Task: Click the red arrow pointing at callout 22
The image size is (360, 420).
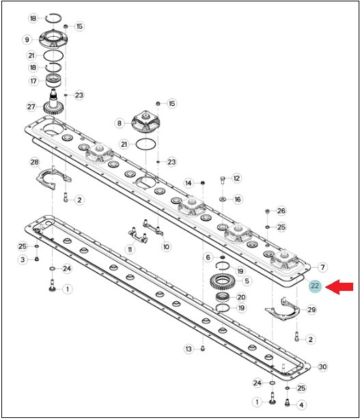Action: tap(339, 287)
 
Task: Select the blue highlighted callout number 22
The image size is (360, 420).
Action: tap(315, 286)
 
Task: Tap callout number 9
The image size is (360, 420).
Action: tap(27, 40)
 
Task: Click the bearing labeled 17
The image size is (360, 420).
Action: tap(53, 81)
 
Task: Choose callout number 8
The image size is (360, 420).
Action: tap(119, 124)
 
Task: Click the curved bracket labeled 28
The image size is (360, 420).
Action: tap(53, 178)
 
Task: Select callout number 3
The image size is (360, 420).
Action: tap(23, 260)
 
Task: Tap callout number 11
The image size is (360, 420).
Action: tap(130, 250)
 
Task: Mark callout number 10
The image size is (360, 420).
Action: tap(166, 247)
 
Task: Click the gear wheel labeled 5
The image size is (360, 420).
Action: tap(222, 281)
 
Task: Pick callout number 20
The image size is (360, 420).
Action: tap(241, 297)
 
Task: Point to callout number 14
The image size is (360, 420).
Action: tap(189, 183)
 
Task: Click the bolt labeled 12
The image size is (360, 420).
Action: tap(223, 180)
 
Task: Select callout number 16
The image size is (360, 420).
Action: tap(238, 199)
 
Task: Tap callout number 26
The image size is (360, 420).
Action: tap(281, 211)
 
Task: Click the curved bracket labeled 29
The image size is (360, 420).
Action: tap(282, 309)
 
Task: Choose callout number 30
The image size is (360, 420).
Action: tap(322, 367)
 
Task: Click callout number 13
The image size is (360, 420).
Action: tap(189, 349)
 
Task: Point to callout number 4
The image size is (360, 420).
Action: tap(301, 405)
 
